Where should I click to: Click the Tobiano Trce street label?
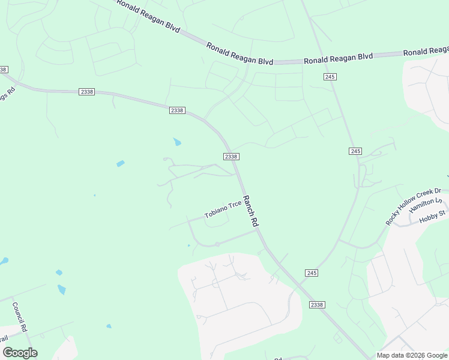(x=223, y=208)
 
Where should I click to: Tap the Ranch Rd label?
(x=250, y=211)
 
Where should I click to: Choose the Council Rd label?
(x=19, y=317)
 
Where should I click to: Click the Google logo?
(x=20, y=353)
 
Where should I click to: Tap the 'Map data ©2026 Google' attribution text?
(x=412, y=355)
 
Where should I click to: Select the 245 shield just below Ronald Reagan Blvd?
(x=330, y=76)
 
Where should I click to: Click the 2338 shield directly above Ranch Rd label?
(x=231, y=157)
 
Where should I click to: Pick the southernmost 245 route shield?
(x=311, y=273)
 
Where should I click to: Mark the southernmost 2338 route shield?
(x=317, y=305)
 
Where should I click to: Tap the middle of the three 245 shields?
(x=355, y=151)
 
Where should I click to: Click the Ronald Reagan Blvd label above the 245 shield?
(x=338, y=58)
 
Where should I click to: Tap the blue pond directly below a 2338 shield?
(x=177, y=142)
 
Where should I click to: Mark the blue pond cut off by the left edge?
(x=4, y=262)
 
